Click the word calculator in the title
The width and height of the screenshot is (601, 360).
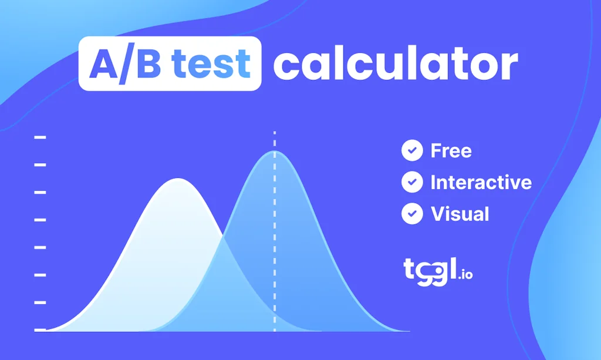tap(395, 65)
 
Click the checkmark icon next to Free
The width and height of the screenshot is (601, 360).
tap(412, 150)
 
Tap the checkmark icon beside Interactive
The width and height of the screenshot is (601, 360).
tap(412, 182)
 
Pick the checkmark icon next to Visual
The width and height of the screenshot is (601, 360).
tap(412, 214)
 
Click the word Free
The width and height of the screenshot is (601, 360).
tap(451, 151)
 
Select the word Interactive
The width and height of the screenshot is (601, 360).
tap(481, 182)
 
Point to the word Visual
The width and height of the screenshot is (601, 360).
tap(460, 214)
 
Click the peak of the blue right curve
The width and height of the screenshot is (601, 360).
tap(274, 152)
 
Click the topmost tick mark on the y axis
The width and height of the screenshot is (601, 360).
tap(40, 137)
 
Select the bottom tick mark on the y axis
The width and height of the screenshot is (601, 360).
tap(40, 329)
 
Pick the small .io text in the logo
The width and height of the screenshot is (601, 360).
tap(465, 274)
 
